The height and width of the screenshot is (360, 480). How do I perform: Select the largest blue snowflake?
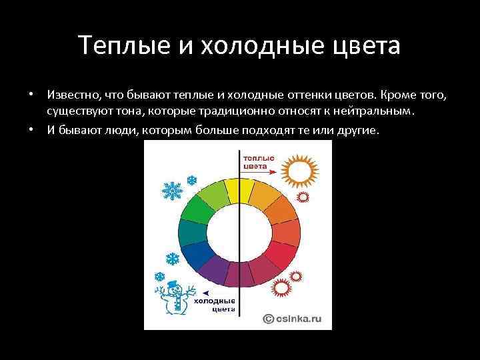pos(173,191)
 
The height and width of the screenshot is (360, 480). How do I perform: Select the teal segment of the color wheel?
pos(193,233)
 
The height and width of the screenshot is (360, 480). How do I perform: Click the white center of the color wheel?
pos(239,233)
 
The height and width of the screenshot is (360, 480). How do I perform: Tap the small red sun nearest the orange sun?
pos(303,197)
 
